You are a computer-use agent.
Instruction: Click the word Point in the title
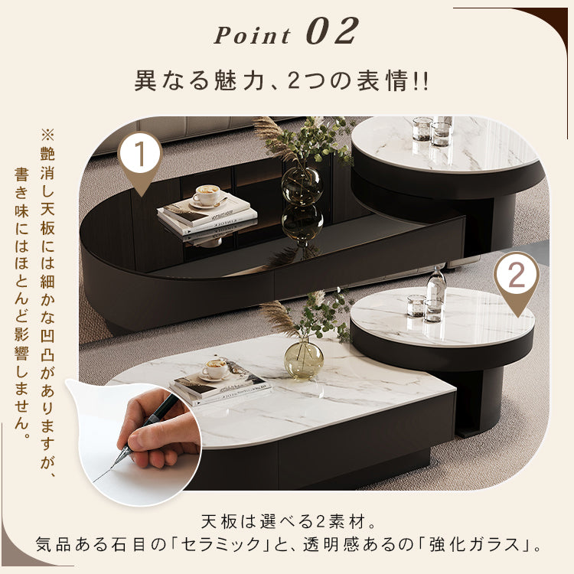[252, 34]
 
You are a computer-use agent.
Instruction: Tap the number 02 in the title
[332, 31]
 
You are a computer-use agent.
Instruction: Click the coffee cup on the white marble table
[216, 369]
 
